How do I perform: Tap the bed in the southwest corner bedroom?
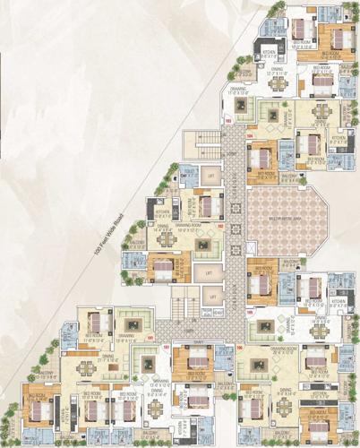[x=40, y=410]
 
